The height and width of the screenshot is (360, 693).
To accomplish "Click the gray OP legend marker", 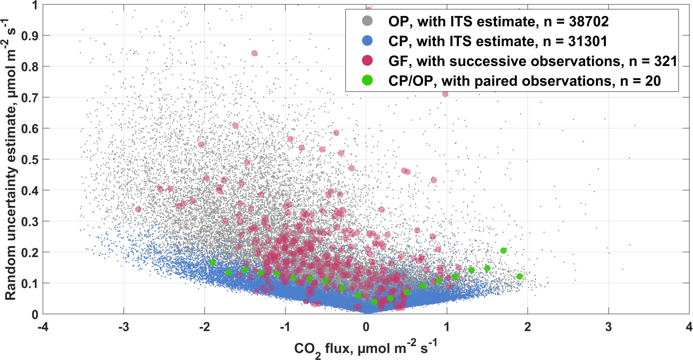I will pos(367,21).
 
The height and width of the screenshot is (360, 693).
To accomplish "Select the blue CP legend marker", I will pos(367,41).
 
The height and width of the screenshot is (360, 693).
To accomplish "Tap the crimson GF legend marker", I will pos(367,61).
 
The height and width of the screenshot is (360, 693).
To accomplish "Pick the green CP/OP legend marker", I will pos(367,80).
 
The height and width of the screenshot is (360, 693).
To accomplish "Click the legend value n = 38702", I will pos(576,21).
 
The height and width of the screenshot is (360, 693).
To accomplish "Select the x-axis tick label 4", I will pos(689,327).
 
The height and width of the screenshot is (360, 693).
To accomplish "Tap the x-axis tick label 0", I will pos(366,327).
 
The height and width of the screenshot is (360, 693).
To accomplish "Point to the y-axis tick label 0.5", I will pos(29,159).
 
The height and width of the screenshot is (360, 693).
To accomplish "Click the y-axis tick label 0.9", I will pos(29,36).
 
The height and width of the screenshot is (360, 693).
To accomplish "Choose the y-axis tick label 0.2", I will pos(29,252).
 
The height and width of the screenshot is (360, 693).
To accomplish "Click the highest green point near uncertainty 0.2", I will pos(503,251).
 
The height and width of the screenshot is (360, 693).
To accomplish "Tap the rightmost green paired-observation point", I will pos(519,277).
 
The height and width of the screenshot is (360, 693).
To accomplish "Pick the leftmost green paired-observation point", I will pos(213,262).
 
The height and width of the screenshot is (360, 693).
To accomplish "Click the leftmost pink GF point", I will pos(138,209).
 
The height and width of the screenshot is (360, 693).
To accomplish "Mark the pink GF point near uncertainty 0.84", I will pos(254,53).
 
